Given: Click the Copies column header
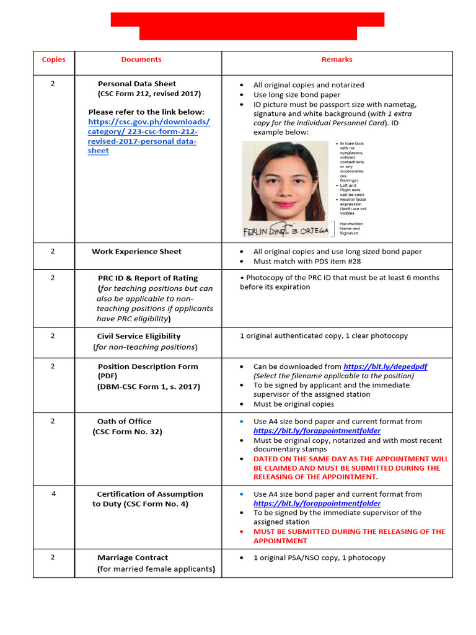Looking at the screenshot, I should coord(53,60).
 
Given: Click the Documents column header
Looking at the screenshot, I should coord(141,60).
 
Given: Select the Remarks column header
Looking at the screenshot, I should coord(337,60).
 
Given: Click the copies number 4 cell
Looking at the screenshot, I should coord(53,494).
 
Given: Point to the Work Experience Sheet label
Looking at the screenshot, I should coord(136,252).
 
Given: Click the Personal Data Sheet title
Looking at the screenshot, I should coord(137,84).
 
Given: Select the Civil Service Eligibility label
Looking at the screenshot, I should coord(139,336).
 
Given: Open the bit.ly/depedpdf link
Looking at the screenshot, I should coord(385,366).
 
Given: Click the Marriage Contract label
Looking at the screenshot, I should coord(133,557).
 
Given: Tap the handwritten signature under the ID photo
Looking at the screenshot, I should coord(285,229).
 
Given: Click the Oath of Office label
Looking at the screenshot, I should coord(124,422).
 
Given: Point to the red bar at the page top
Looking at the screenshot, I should coord(247,26).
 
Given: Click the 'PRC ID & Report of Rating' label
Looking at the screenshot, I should coord(148,278).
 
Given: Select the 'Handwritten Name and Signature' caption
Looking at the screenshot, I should coord(351,228).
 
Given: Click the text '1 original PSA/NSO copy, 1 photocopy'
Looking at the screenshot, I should coord(319,557).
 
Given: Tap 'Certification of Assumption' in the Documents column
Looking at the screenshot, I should coord(150,494).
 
